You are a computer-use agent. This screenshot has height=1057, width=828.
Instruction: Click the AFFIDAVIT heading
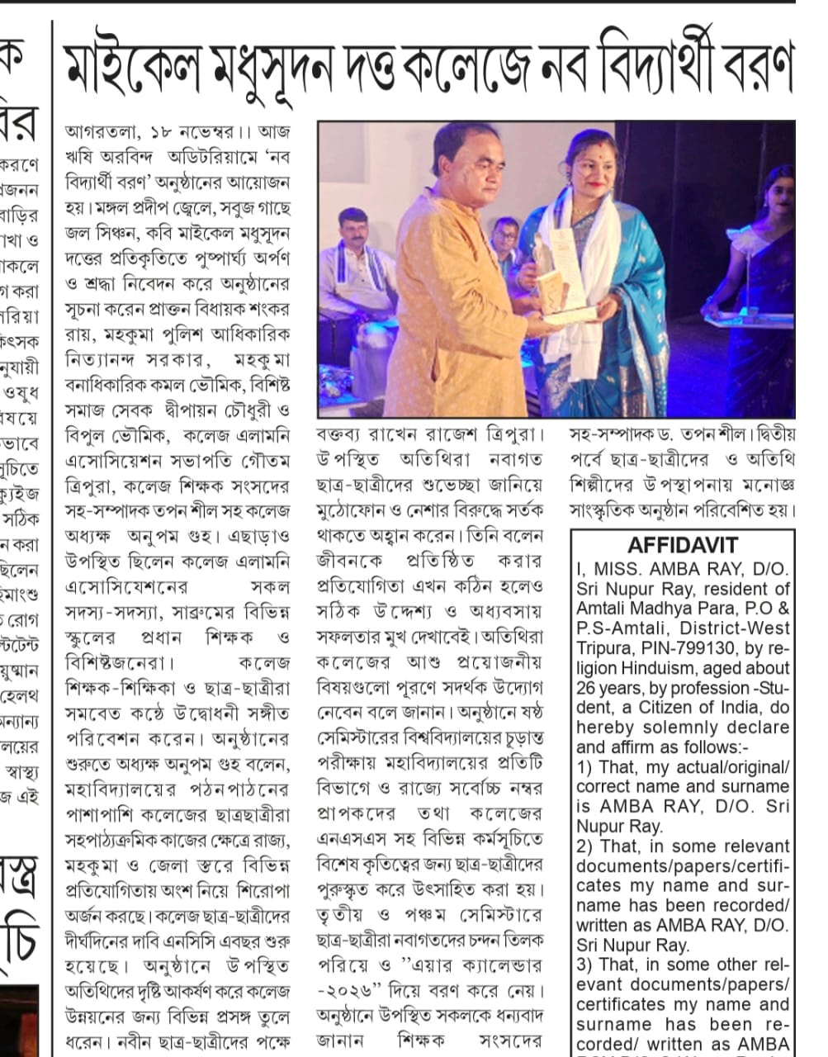683,545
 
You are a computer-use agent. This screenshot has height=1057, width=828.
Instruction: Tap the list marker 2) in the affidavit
585,846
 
